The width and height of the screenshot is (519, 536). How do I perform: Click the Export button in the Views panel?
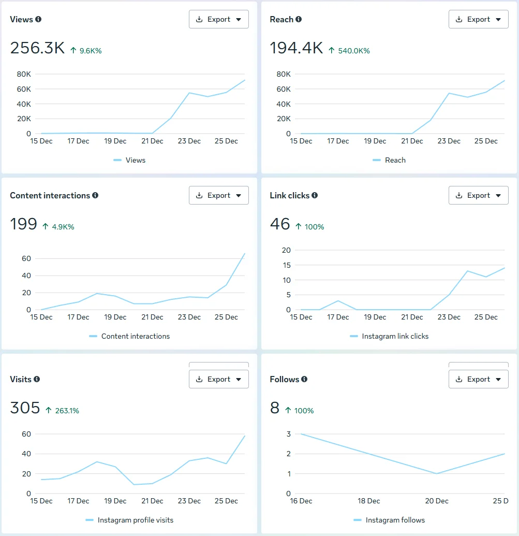pos(218,19)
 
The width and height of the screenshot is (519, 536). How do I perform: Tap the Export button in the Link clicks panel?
pos(478,195)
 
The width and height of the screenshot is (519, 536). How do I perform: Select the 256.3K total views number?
pos(37,48)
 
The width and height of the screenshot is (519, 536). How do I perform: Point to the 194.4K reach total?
pos(296,48)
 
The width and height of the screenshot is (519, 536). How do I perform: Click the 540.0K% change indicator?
pos(353,51)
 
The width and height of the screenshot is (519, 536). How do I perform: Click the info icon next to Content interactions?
pos(95,195)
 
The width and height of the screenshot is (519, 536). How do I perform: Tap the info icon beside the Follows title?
pos(304,379)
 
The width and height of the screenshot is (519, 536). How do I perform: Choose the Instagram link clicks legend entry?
pos(395,336)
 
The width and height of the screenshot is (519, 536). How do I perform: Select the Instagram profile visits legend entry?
pos(135,520)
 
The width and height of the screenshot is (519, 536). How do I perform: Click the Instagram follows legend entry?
pos(395,520)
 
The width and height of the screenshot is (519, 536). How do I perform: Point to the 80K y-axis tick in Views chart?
pos(24,74)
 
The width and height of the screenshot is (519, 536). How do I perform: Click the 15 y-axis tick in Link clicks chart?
pos(286,265)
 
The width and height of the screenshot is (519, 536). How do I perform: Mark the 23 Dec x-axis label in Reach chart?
pos(449,141)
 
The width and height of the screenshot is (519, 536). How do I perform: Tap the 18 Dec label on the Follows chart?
pos(369,501)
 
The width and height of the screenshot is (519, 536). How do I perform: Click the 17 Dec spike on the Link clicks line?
pos(338,301)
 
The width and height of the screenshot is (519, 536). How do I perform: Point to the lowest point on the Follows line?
pos(437,473)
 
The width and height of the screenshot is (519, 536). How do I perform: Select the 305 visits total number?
pos(25,408)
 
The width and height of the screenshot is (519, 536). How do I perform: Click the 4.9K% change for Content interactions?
pos(63,227)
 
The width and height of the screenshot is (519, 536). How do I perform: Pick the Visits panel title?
pos(21,379)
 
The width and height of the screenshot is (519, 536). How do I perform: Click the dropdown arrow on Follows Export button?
pos(498,379)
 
